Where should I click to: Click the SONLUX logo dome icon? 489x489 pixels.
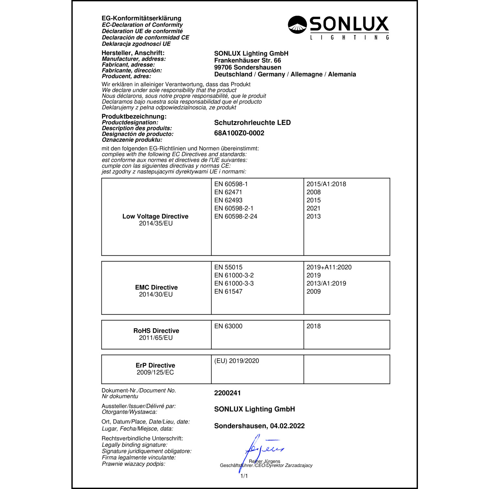[297, 25]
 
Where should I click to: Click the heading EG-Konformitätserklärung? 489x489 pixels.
[141, 18]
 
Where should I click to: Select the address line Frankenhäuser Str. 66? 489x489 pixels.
[247, 60]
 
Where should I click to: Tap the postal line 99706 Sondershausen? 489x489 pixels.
[247, 67]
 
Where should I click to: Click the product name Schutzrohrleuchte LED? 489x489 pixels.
[252, 123]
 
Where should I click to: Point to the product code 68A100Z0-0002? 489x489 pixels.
[239, 133]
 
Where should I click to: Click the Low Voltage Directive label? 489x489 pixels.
[155, 216]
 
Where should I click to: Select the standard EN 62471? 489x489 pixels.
[228, 192]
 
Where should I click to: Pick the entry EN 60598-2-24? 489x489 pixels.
[235, 216]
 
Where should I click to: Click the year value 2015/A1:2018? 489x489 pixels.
[326, 184]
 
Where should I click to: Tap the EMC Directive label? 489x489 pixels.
[156, 287]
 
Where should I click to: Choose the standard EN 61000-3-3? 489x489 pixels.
[234, 283]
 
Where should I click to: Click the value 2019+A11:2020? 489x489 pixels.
[329, 267]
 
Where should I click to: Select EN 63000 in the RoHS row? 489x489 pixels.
[228, 326]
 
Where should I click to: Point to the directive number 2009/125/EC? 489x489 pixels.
[155, 372]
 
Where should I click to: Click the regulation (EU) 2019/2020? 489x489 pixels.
[236, 361]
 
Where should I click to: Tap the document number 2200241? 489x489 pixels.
[227, 393]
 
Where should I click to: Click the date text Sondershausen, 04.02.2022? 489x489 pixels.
[259, 426]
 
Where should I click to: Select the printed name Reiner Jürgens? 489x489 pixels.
[264, 461]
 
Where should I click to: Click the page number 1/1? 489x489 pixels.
[244, 476]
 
